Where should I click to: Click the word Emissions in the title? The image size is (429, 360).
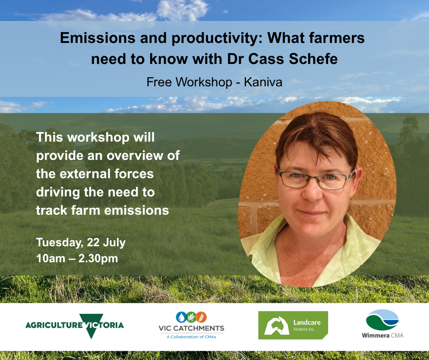pyautogui.click(x=97, y=37)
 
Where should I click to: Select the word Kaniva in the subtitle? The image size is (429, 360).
pyautogui.click(x=263, y=82)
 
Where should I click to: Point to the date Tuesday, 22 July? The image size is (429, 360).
pyautogui.click(x=81, y=243)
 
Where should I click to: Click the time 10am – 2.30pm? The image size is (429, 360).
pyautogui.click(x=77, y=259)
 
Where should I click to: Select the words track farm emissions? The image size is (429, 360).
pyautogui.click(x=102, y=211)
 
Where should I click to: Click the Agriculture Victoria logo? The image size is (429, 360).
pyautogui.click(x=74, y=325)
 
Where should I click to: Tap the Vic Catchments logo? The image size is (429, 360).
pyautogui.click(x=191, y=325)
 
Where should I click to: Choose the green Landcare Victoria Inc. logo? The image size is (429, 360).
pyautogui.click(x=293, y=325)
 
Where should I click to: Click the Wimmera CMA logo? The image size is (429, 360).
pyautogui.click(x=382, y=324)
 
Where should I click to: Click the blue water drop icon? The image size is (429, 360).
pyautogui.click(x=181, y=317)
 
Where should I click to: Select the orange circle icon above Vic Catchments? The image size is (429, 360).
pyautogui.click(x=201, y=317)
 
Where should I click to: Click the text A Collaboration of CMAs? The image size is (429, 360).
pyautogui.click(x=191, y=337)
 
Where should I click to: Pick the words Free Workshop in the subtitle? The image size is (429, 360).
pyautogui.click(x=189, y=82)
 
